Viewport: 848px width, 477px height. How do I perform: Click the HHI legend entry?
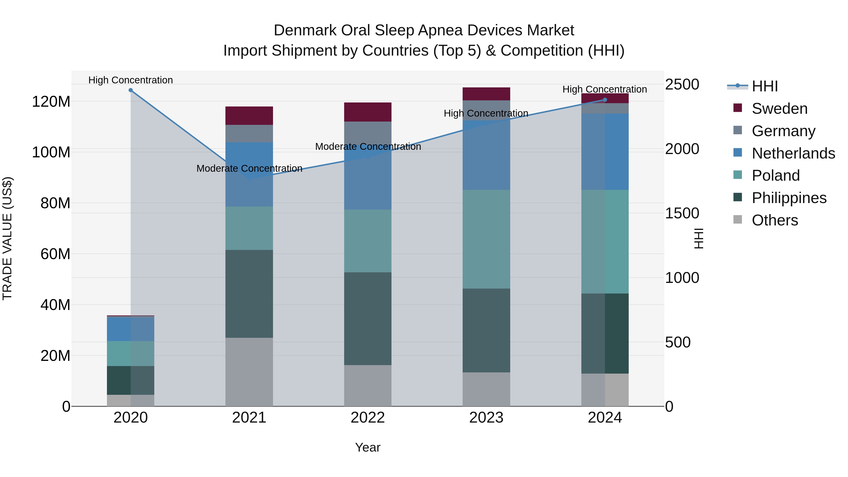tap(764, 86)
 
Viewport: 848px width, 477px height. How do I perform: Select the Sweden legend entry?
tap(779, 109)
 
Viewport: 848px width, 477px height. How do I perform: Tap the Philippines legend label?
tap(789, 198)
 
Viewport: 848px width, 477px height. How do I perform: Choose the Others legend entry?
tap(775, 220)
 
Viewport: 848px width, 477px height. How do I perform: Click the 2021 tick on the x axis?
tap(249, 418)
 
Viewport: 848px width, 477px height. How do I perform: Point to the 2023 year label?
tap(486, 418)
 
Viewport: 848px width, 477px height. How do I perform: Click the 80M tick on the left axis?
tap(55, 203)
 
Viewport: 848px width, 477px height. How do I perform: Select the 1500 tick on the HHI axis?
tap(682, 213)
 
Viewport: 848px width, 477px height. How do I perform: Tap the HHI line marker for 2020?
tap(131, 90)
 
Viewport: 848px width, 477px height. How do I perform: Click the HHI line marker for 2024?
tap(605, 100)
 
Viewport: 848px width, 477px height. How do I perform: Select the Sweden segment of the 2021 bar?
tap(249, 116)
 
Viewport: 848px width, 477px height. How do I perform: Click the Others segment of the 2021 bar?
tap(249, 372)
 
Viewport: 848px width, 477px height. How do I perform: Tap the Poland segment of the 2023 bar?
tap(486, 239)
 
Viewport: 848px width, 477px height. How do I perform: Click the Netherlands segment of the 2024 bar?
tap(605, 151)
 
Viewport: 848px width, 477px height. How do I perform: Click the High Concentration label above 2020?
tap(131, 80)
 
